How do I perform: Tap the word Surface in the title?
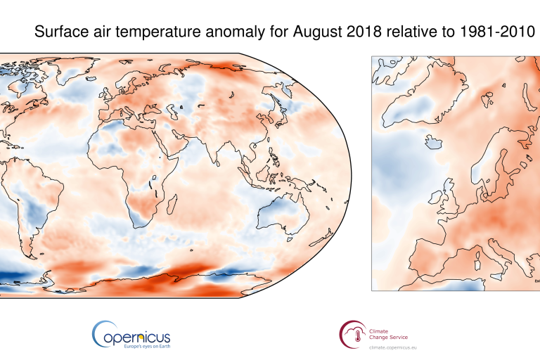[61, 32]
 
